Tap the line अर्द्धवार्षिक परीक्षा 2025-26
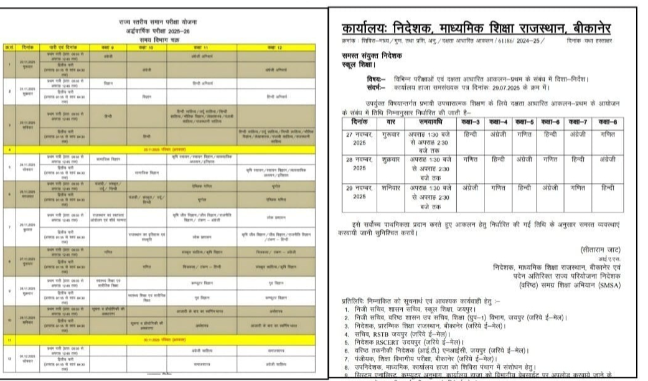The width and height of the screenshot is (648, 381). pyautogui.click(x=166, y=30)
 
